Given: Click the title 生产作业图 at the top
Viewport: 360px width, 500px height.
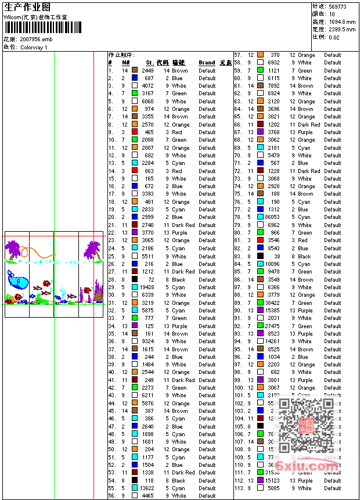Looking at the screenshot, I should coord(27,7).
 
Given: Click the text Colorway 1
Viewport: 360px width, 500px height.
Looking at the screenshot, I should coord(34,48).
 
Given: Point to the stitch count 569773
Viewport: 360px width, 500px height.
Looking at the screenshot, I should coord(337,6).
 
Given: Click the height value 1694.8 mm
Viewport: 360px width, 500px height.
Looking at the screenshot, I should coord(341,21).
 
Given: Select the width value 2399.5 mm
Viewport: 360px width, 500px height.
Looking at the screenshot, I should coord(341,29).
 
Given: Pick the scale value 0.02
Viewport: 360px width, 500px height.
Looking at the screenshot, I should coord(334,37).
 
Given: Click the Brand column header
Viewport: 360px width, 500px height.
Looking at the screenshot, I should coord(207,63).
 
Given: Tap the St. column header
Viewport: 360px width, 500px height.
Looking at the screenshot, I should coord(149,63).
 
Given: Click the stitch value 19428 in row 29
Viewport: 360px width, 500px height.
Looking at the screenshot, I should coord(146,287).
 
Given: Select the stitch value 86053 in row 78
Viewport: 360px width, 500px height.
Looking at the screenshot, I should coord(272,217).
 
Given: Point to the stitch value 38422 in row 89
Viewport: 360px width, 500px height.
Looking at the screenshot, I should coord(272,303).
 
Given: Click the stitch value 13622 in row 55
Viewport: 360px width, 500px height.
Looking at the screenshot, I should coord(146,488).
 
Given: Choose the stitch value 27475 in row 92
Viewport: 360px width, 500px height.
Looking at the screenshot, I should coord(272,326).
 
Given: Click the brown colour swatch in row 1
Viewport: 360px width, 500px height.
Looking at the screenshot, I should coord(134,70).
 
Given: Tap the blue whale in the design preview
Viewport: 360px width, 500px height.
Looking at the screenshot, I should coord(19,280).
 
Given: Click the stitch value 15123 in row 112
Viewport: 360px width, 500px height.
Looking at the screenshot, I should coord(272,481).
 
